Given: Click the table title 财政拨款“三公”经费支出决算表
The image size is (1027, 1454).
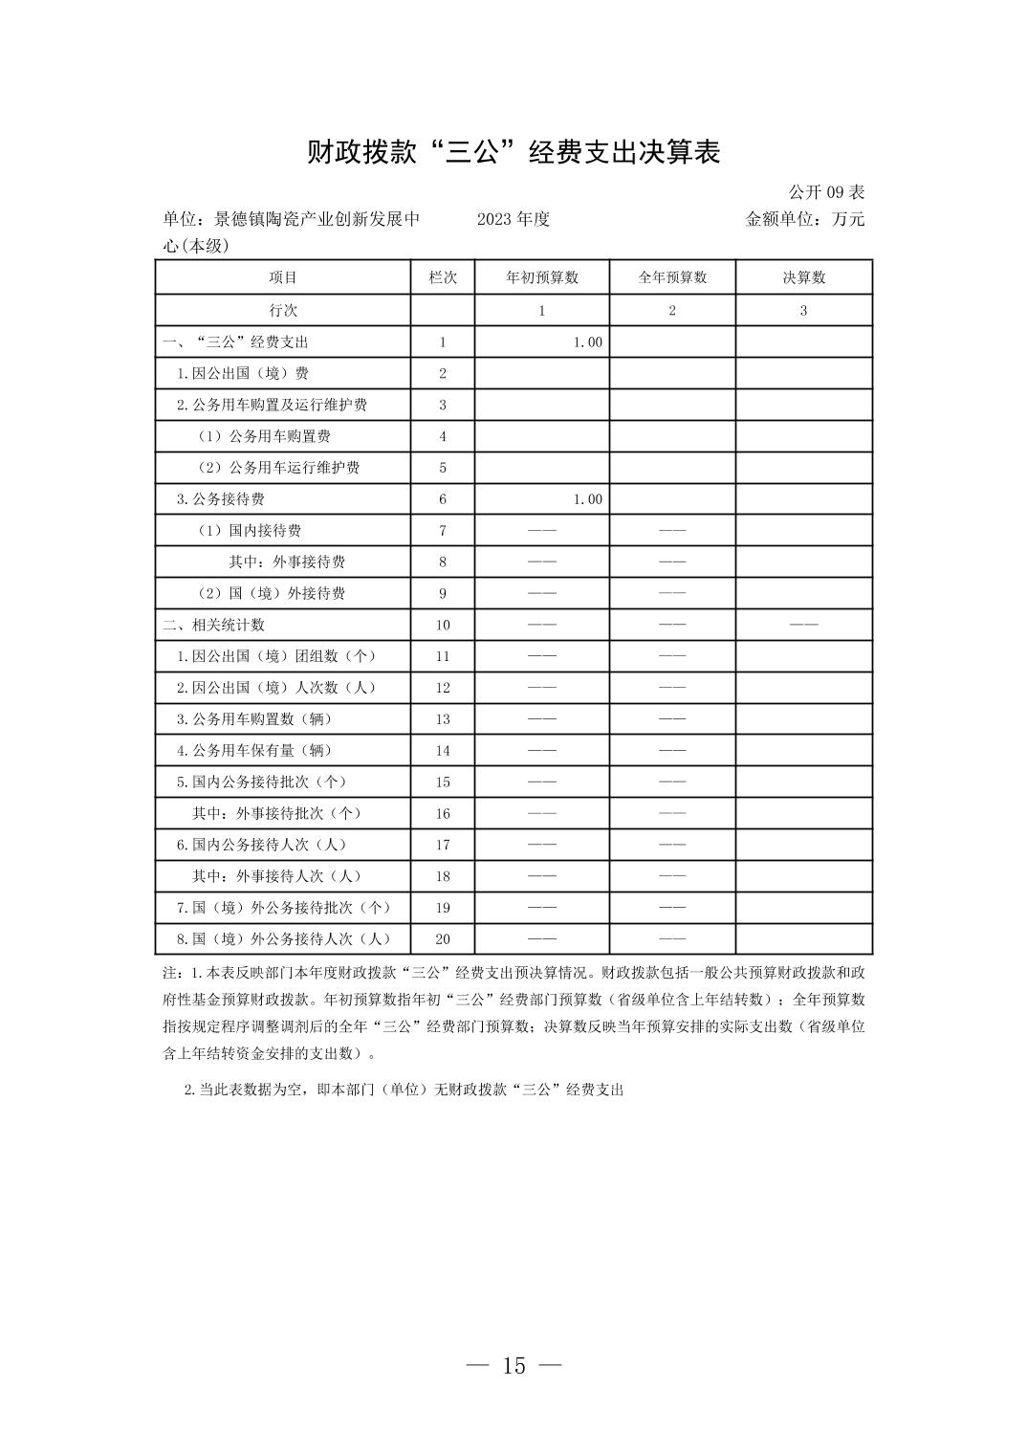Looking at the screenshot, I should click(513, 152).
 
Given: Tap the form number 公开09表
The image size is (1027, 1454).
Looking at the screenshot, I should click(826, 192).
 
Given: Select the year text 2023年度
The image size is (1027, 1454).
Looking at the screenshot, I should click(513, 219).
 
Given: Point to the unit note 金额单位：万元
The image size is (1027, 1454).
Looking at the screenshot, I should click(804, 219).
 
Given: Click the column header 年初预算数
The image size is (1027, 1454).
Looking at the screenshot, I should click(541, 277).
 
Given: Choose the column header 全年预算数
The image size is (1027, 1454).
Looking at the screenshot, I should click(672, 277).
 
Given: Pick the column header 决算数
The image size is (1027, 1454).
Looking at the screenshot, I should click(803, 277).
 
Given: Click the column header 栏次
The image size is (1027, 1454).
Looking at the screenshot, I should click(443, 277).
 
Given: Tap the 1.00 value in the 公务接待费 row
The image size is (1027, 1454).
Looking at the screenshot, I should click(587, 499).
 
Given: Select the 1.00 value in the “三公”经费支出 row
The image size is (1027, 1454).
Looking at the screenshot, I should click(587, 342).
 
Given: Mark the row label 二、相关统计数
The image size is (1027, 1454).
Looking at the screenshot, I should click(213, 625).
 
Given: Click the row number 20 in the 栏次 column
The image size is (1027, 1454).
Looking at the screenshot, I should click(443, 939).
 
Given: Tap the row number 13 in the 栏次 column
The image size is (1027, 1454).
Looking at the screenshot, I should click(443, 719).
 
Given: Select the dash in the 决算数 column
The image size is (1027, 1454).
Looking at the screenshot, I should click(803, 625).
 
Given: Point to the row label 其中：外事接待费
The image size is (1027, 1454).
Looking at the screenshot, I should click(287, 562).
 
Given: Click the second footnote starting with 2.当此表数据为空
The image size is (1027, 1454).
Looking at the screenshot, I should click(404, 1090).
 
